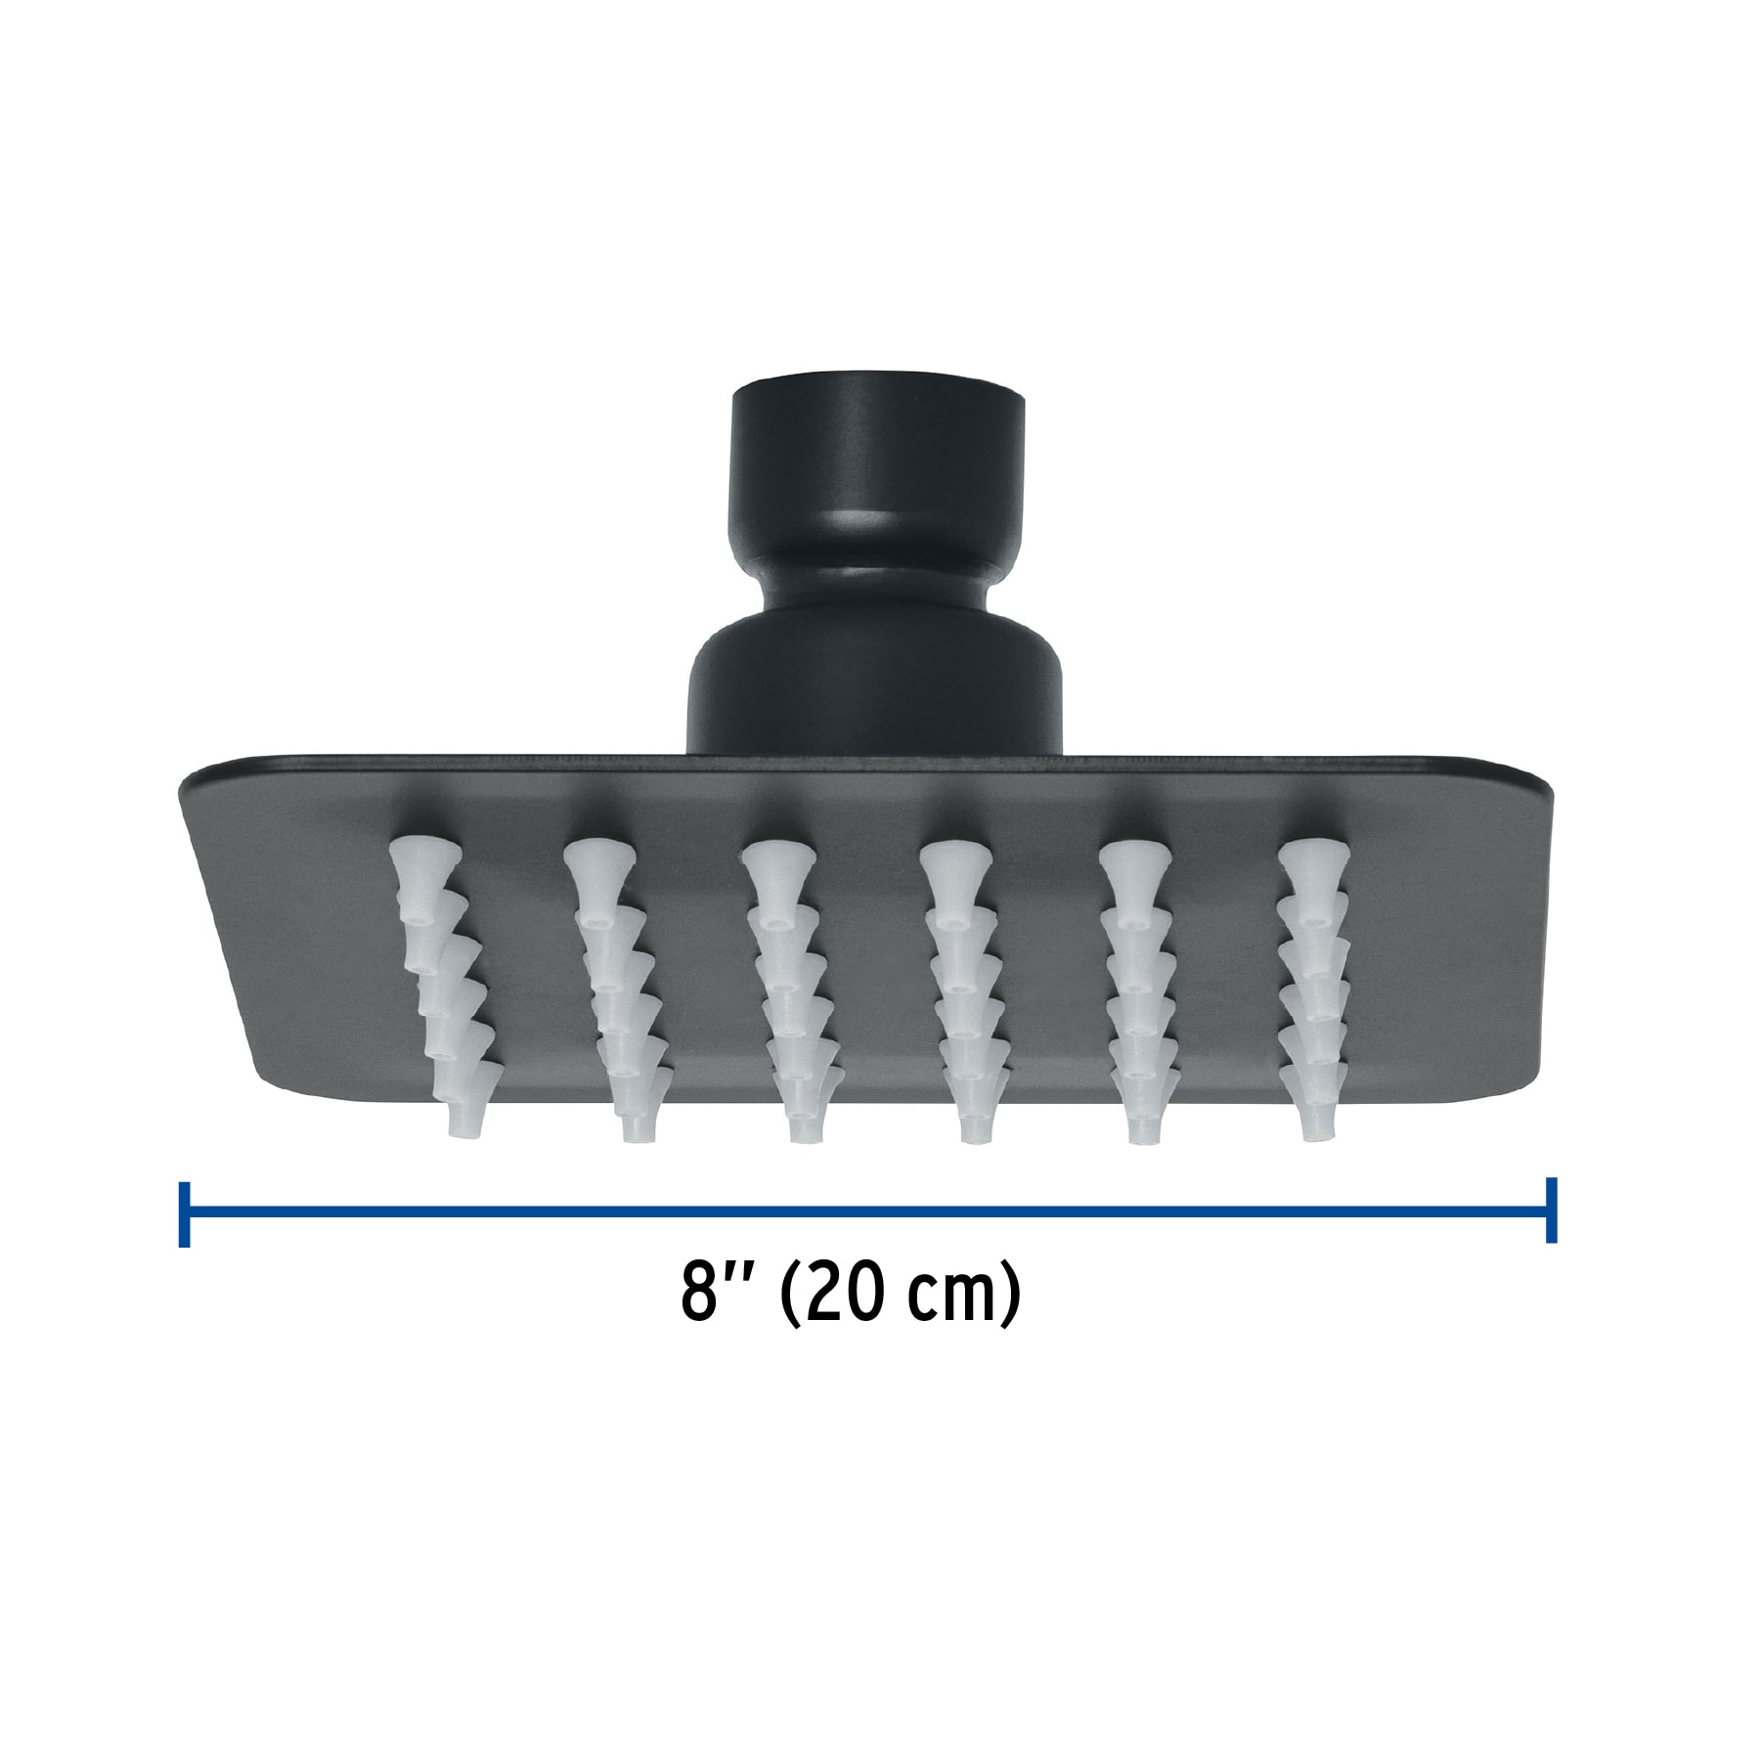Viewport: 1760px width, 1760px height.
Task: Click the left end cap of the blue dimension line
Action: [x=184, y=1213]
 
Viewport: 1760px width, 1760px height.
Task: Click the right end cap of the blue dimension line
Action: [x=1551, y=1210]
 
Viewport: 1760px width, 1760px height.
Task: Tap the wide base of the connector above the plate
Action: [x=874, y=689]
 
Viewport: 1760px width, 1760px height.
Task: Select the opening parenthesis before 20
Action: [x=789, y=1298]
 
